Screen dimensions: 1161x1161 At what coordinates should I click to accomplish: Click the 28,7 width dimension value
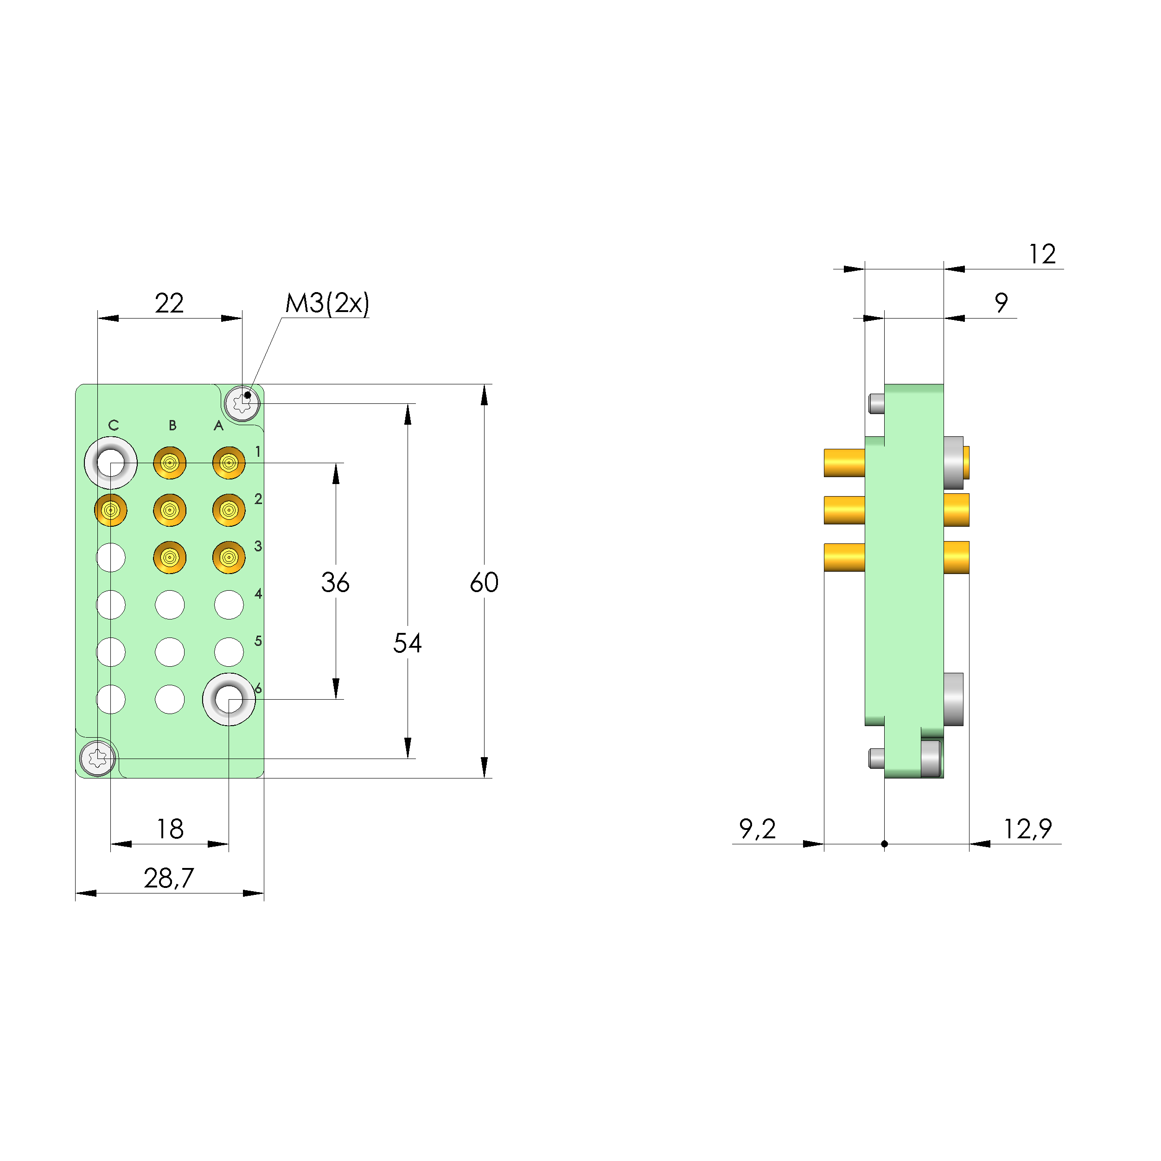169,879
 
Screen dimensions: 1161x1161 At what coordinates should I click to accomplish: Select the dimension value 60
485,582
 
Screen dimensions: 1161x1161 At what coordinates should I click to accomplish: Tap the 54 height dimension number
408,643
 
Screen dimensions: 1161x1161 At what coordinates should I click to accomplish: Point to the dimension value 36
335,582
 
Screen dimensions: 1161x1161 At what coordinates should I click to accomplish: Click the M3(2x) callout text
327,304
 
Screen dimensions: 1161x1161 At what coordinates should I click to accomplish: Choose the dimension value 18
170,829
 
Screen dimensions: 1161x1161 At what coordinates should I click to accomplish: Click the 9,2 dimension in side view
757,829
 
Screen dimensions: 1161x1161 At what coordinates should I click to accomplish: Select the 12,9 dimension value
1027,829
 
